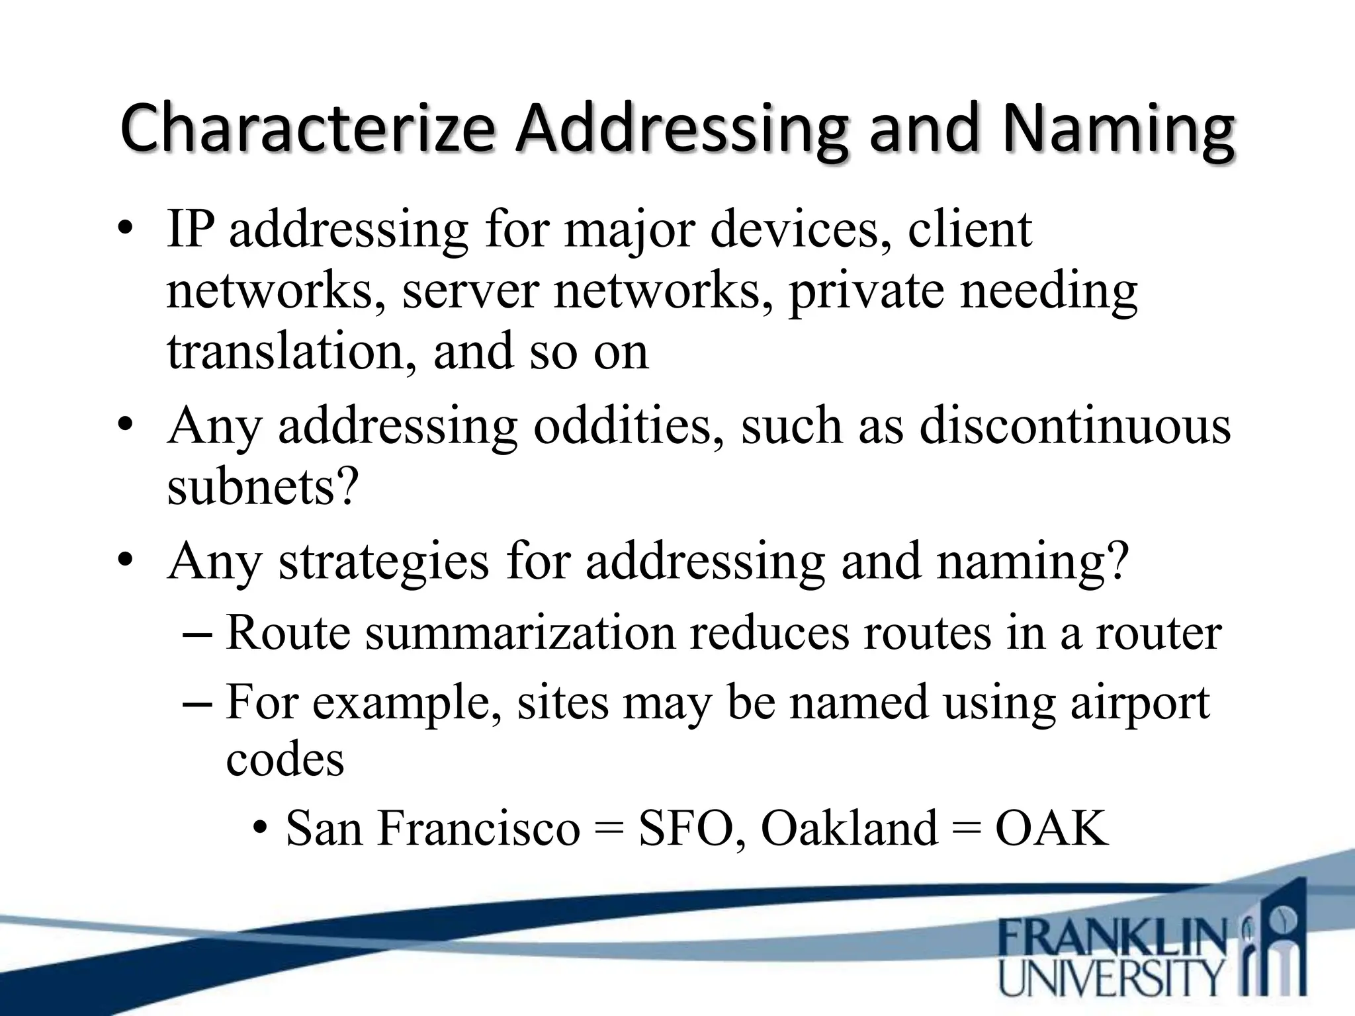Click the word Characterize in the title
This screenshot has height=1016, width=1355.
306,129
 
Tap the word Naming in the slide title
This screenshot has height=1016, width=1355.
1117,129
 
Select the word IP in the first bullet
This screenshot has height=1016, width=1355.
191,229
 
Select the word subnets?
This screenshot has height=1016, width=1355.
263,487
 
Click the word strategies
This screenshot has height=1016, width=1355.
384,561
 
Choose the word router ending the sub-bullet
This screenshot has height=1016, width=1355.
1158,633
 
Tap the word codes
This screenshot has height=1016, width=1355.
285,759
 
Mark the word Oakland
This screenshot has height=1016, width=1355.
849,827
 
